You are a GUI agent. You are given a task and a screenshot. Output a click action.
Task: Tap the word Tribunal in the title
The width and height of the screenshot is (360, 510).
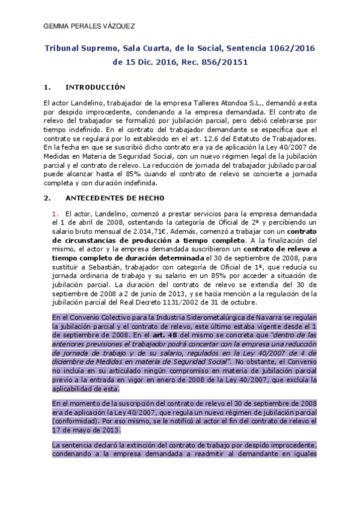[x=66, y=48]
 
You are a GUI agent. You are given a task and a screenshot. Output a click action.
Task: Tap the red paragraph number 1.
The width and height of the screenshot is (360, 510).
[x=55, y=214]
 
